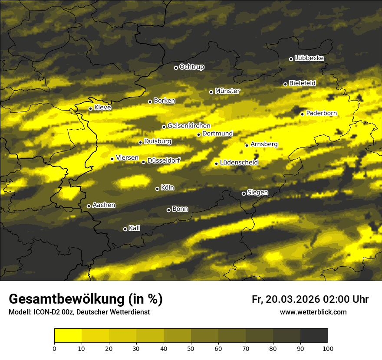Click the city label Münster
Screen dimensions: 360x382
click(x=227, y=91)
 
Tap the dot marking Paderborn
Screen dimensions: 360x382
click(x=303, y=114)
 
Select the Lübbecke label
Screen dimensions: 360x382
click(x=309, y=58)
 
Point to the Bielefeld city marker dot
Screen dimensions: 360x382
click(x=285, y=84)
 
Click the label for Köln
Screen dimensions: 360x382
click(x=168, y=188)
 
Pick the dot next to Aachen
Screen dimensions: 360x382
click(x=89, y=206)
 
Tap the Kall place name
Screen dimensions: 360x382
click(x=135, y=228)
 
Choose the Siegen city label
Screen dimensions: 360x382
click(x=257, y=193)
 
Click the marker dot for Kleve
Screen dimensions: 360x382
click(x=90, y=108)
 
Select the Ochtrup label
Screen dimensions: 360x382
click(x=191, y=67)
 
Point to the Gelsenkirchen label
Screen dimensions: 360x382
click(x=189, y=126)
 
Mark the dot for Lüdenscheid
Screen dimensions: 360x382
click(x=216, y=164)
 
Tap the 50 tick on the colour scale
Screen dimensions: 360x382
click(x=191, y=348)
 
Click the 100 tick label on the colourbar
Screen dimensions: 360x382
click(x=328, y=348)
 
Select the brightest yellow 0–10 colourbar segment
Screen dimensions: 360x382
click(x=68, y=335)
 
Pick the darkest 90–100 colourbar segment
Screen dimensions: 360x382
click(x=314, y=335)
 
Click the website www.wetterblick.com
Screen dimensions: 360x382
click(x=313, y=312)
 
